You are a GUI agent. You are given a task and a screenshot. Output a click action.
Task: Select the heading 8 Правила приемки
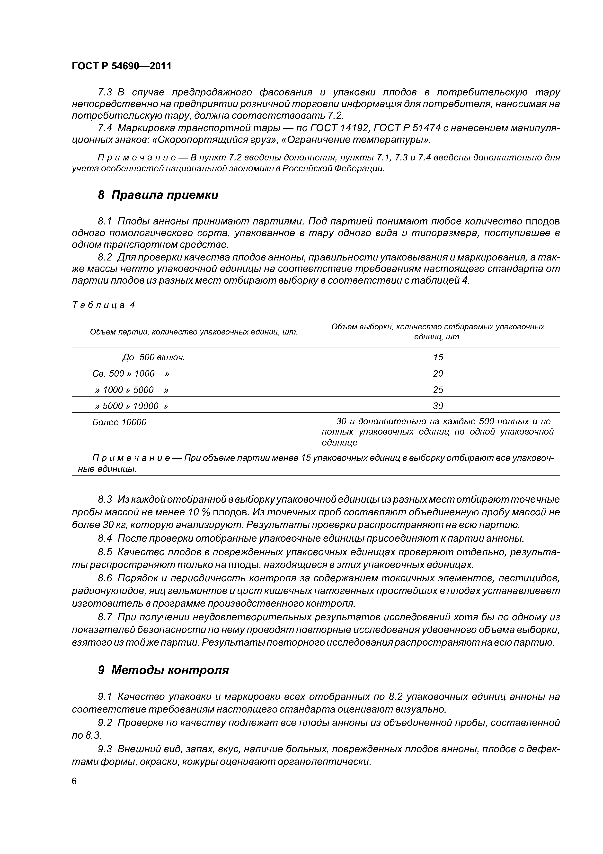pyautogui.click(x=158, y=195)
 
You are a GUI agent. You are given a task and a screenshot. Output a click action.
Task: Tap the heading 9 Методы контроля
pyautogui.click(x=163, y=670)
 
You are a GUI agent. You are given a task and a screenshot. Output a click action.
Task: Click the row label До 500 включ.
pyautogui.click(x=153, y=357)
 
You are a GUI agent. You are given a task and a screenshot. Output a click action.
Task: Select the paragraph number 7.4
pyautogui.click(x=105, y=128)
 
